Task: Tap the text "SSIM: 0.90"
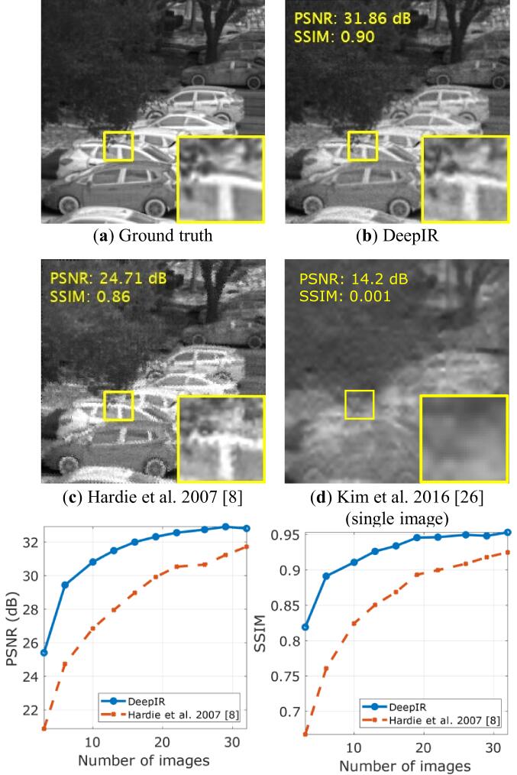coord(333,37)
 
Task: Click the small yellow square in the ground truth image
coord(118,146)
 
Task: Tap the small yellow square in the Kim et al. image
coord(359,404)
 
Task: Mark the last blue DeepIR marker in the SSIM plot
coord(508,533)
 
